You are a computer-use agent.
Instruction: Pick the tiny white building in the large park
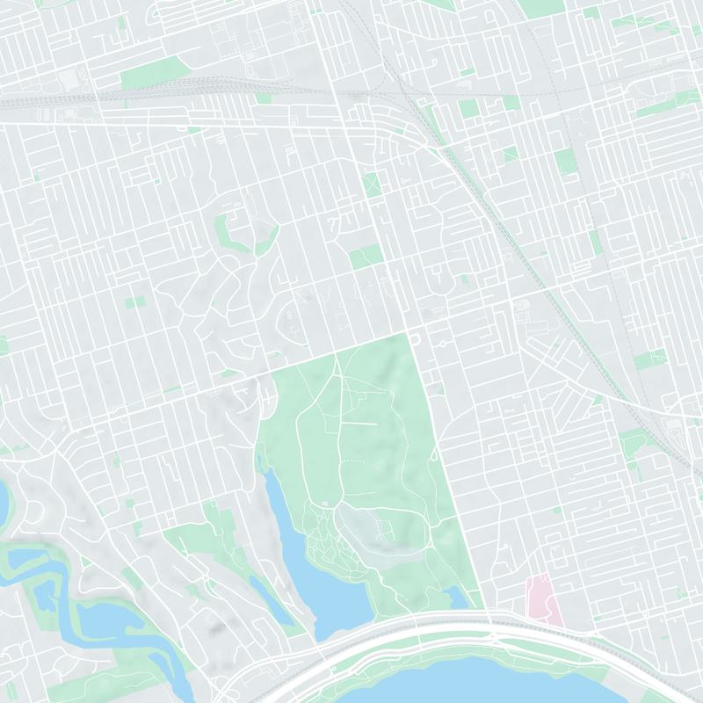[x=325, y=503]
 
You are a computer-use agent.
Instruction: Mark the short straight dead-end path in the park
[x=360, y=424]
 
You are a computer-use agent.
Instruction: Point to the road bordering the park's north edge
[x=334, y=351]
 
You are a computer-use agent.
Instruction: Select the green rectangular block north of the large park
[x=366, y=256]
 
